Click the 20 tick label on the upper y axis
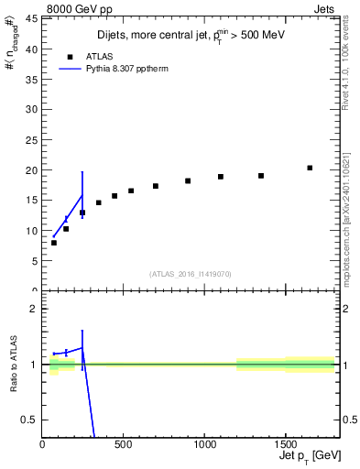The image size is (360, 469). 31,170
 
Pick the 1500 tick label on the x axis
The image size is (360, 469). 285,445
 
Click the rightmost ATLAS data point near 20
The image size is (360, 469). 310,168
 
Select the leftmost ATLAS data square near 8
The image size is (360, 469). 54,243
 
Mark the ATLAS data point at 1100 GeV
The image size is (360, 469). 221,177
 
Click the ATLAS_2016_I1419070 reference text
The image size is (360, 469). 190,273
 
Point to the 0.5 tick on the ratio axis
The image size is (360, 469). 30,420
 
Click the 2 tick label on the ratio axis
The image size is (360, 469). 34,309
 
